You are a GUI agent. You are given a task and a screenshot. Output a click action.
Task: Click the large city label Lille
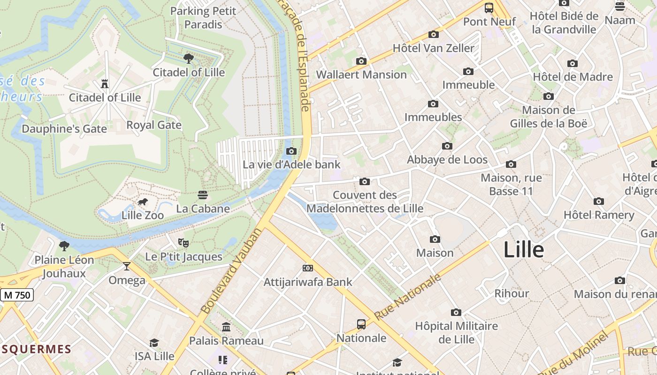point(523,250)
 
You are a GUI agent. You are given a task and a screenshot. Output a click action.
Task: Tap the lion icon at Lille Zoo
point(143,202)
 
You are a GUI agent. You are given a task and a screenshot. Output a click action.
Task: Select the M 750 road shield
point(17,295)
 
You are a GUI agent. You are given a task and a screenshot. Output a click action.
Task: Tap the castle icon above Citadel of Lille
point(105,84)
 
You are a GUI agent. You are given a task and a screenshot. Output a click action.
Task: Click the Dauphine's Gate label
point(64,128)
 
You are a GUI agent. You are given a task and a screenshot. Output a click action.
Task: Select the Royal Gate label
point(154,125)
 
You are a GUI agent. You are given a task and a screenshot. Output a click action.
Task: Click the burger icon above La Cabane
point(203,195)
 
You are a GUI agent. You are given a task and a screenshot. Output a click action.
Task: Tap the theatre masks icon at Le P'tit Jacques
point(183,243)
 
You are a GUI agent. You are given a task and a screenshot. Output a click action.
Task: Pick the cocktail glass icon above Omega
point(127,267)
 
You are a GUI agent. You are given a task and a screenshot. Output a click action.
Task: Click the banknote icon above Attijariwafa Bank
point(308,268)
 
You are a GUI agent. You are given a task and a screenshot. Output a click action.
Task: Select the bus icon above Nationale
point(361,324)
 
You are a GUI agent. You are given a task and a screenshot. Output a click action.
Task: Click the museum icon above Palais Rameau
point(226,327)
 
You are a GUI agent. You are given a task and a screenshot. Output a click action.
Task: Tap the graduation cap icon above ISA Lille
point(154,343)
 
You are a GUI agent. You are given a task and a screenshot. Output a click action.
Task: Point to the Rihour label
point(512,293)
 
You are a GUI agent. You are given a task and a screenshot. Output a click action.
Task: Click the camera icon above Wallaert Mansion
point(361,61)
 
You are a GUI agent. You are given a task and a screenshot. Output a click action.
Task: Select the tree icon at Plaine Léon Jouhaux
point(64,246)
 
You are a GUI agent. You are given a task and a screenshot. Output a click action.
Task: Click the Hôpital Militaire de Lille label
point(456,332)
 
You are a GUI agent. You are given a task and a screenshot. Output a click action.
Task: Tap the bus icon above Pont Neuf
point(489,8)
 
